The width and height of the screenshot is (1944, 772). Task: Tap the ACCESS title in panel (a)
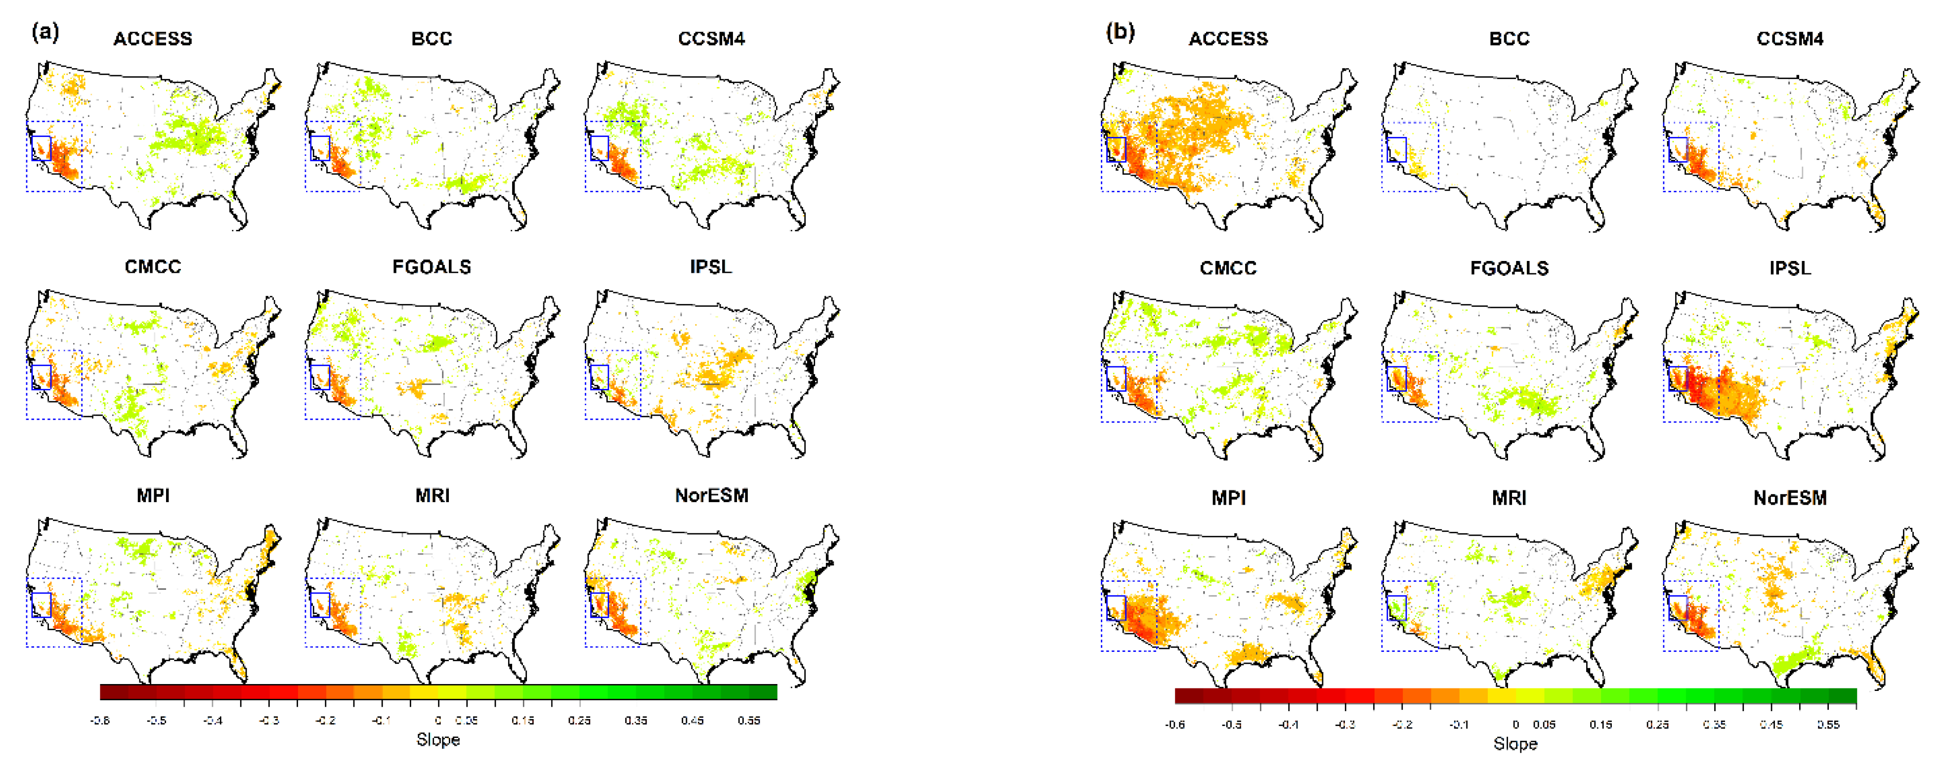click(x=152, y=39)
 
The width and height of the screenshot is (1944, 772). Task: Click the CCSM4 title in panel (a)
click(x=711, y=39)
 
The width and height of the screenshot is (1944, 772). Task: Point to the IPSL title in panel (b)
click(x=1789, y=268)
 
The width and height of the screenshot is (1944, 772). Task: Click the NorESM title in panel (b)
click(x=1789, y=498)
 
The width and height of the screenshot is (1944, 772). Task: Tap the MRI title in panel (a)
click(x=432, y=496)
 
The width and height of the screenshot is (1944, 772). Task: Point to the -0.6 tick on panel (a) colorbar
click(x=100, y=721)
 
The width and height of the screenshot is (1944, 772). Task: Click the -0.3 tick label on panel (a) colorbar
click(x=269, y=721)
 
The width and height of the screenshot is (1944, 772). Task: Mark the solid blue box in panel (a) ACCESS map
click(x=41, y=148)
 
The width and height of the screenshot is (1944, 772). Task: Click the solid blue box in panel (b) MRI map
click(x=1396, y=607)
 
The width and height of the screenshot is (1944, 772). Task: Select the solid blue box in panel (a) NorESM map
click(x=599, y=604)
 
